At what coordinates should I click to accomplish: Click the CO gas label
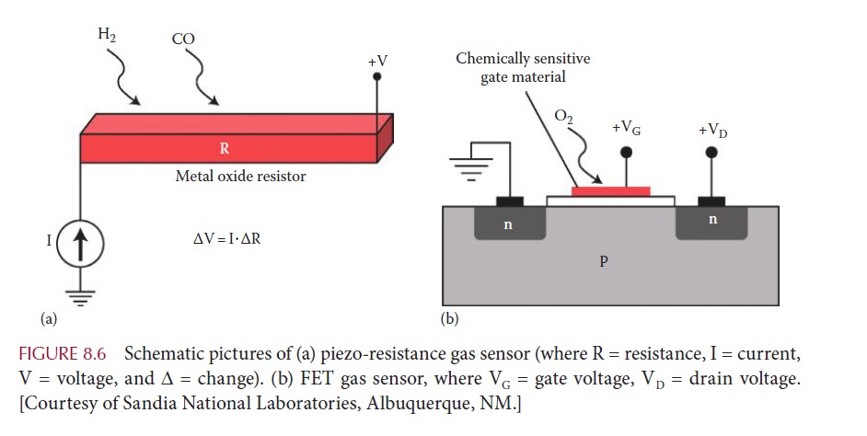(182, 40)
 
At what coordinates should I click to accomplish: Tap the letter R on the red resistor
(225, 147)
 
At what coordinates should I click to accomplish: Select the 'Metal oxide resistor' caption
(240, 176)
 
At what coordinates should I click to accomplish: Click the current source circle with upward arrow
(81, 246)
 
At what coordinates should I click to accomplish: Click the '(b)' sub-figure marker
(449, 320)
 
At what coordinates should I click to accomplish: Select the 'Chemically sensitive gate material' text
(523, 68)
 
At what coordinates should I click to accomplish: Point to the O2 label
(564, 117)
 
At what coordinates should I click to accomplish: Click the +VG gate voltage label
(628, 128)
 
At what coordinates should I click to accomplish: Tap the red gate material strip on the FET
(610, 191)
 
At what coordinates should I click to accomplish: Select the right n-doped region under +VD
(711, 222)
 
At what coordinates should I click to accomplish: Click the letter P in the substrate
(604, 260)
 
